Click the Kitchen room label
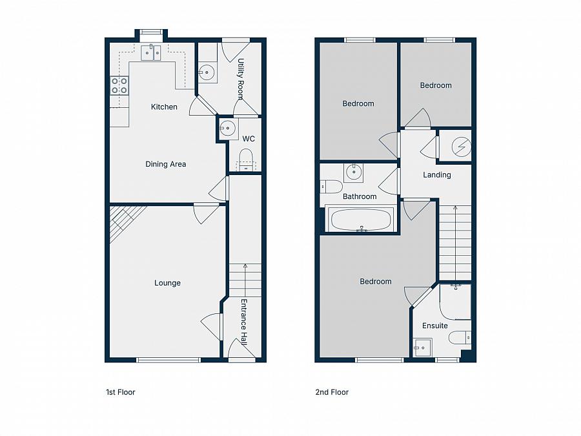point(164,107)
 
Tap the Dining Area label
point(165,164)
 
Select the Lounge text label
point(167,283)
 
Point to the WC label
point(249,139)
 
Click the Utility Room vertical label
point(240,79)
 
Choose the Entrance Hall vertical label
point(244,322)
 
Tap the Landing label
point(436,175)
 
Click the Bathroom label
point(360,196)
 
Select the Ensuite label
point(434,326)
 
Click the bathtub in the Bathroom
point(360,220)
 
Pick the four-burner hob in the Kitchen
point(119,85)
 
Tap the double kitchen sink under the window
point(151,52)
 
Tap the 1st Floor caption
point(121,392)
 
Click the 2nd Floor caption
point(332,392)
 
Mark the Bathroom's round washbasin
point(353,172)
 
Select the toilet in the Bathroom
point(332,187)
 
